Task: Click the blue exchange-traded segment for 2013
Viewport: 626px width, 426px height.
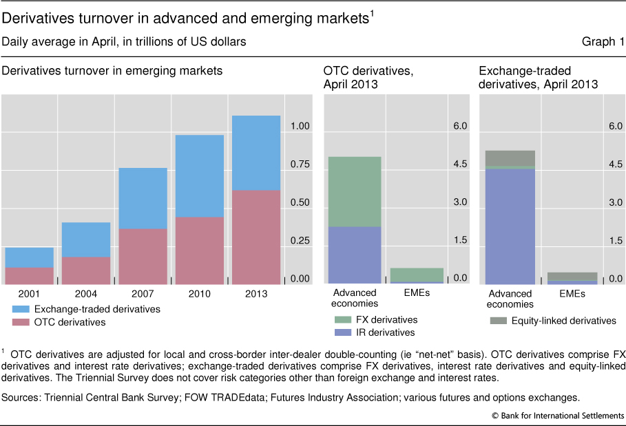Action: point(256,153)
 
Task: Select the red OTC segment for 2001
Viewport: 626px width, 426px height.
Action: point(30,275)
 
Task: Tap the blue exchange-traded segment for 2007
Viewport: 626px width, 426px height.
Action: point(143,198)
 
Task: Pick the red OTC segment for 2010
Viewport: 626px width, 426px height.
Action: point(199,251)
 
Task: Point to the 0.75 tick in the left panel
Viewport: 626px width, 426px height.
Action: point(300,164)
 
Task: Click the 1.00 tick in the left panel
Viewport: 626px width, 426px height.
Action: point(300,127)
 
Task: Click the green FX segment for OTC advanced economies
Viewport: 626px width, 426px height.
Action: point(354,191)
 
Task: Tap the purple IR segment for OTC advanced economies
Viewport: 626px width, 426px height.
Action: point(354,255)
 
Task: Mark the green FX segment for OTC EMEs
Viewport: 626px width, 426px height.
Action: point(417,275)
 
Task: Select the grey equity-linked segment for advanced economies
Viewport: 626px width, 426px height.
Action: point(510,158)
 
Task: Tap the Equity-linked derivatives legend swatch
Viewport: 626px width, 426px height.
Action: point(498,321)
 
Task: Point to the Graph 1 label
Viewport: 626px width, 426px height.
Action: point(603,42)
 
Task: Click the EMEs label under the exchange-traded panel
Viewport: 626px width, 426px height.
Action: point(572,293)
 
